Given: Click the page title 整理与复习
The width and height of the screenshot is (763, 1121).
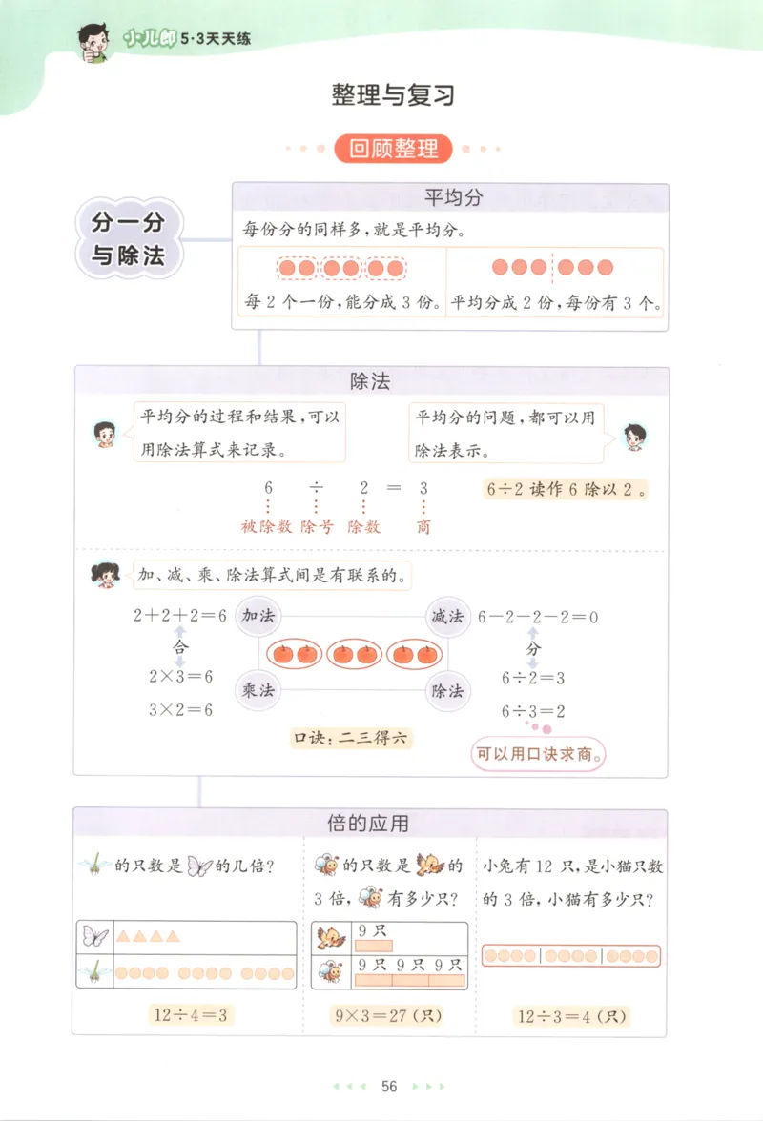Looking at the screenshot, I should pos(393,94).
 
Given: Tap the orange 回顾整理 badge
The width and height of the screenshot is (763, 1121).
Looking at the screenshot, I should pos(393,149).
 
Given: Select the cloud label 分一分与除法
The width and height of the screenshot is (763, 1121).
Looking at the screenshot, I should pos(128,238).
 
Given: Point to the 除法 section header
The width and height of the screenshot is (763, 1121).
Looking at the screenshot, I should pos(371,382).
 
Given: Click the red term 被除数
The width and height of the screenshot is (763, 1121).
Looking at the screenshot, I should pos(266,526).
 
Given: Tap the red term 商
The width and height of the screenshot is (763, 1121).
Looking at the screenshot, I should pos(423,526).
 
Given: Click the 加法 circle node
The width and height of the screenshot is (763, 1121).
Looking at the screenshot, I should pos(258,617).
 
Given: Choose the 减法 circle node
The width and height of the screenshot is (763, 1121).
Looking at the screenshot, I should pos(447,617).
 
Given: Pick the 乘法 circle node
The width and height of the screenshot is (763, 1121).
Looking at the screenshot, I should pos(258,689).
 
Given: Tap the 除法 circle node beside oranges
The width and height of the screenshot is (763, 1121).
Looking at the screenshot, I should pos(447,689).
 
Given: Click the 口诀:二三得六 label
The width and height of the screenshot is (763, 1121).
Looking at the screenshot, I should pos(351,737).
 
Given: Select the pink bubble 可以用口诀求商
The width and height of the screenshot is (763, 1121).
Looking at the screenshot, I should pos(541,755).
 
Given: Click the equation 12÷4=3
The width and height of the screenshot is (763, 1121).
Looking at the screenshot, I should pos(190,1014).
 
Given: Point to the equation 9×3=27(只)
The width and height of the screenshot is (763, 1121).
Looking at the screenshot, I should pos(390,1016).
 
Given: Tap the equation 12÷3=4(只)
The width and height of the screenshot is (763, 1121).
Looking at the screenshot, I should pos(572,1016).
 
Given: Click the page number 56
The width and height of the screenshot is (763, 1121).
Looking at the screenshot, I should pos(388,1086).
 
